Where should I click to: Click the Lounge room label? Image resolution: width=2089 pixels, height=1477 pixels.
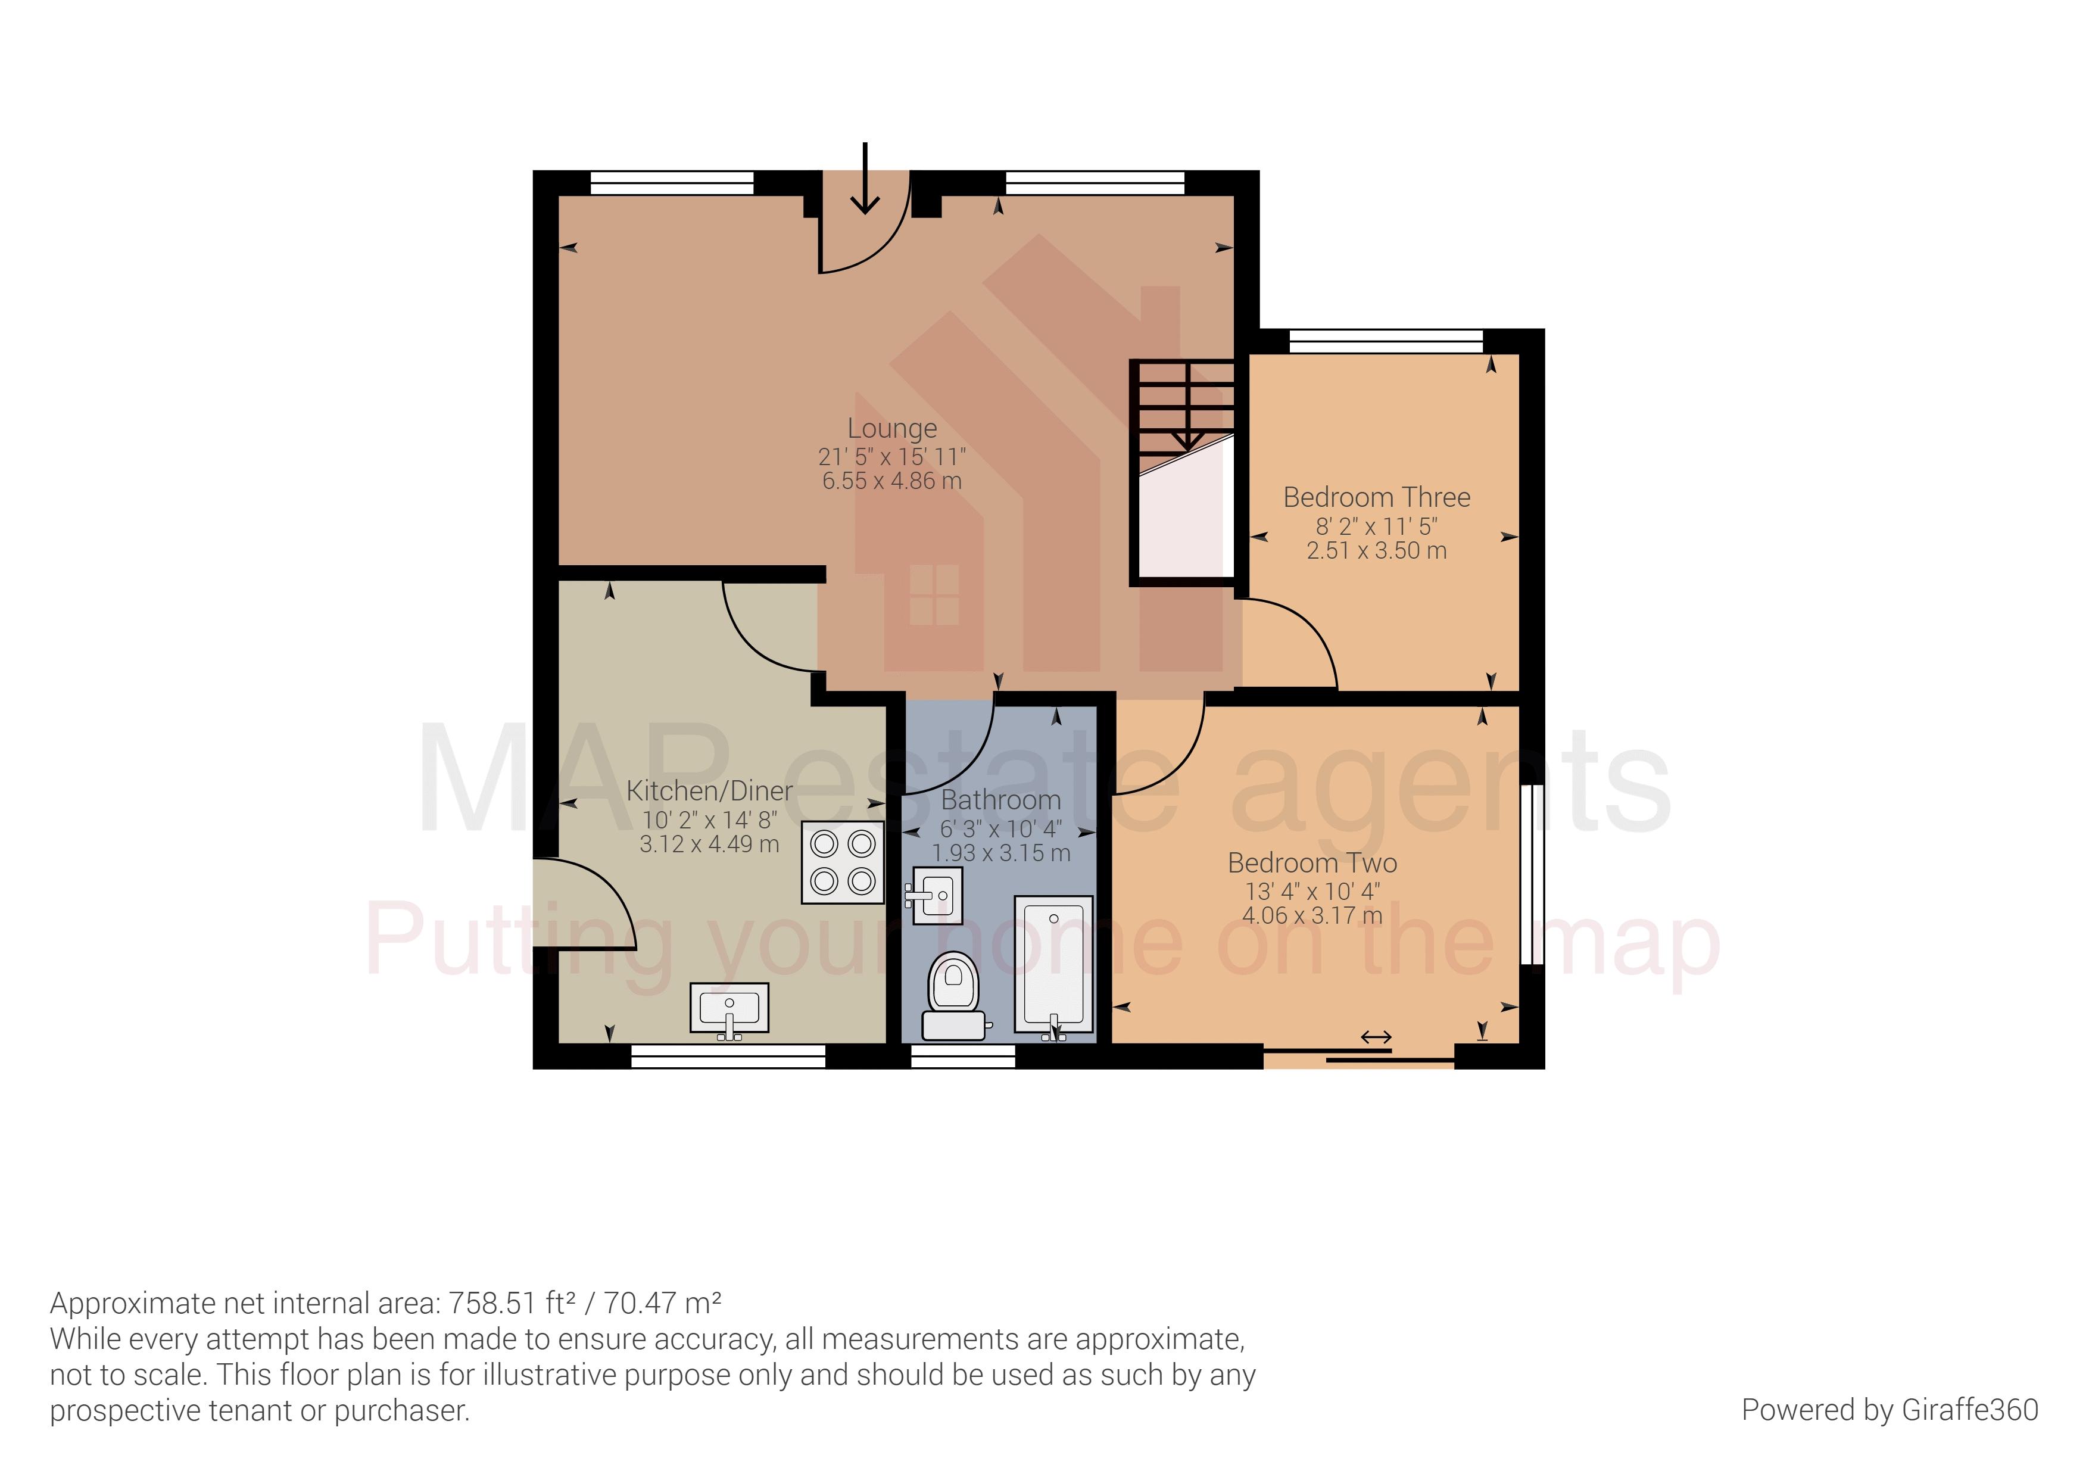click(x=891, y=428)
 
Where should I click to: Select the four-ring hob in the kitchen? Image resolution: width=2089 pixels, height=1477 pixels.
click(x=843, y=863)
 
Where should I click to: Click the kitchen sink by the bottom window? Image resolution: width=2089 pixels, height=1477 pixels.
click(x=729, y=1008)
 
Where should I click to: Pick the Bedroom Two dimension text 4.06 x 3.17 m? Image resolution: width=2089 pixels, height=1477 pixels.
click(x=1312, y=915)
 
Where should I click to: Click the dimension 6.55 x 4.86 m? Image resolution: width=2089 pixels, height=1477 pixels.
click(x=891, y=481)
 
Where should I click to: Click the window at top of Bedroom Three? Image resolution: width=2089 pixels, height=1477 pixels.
click(x=1386, y=342)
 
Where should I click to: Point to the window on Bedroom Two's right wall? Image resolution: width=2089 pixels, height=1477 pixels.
click(x=1532, y=874)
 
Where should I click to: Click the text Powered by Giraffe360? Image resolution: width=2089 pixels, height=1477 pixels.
click(x=1889, y=1410)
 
